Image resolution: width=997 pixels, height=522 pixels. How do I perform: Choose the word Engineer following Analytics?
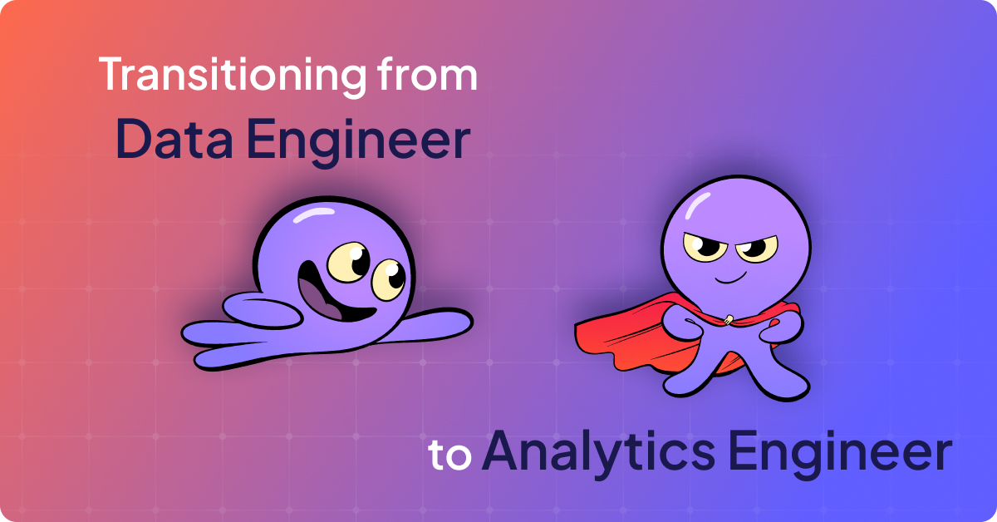click(839, 454)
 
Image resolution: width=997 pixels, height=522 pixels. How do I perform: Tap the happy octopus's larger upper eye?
click(346, 260)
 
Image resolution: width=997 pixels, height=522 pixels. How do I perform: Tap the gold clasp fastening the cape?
click(728, 318)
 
